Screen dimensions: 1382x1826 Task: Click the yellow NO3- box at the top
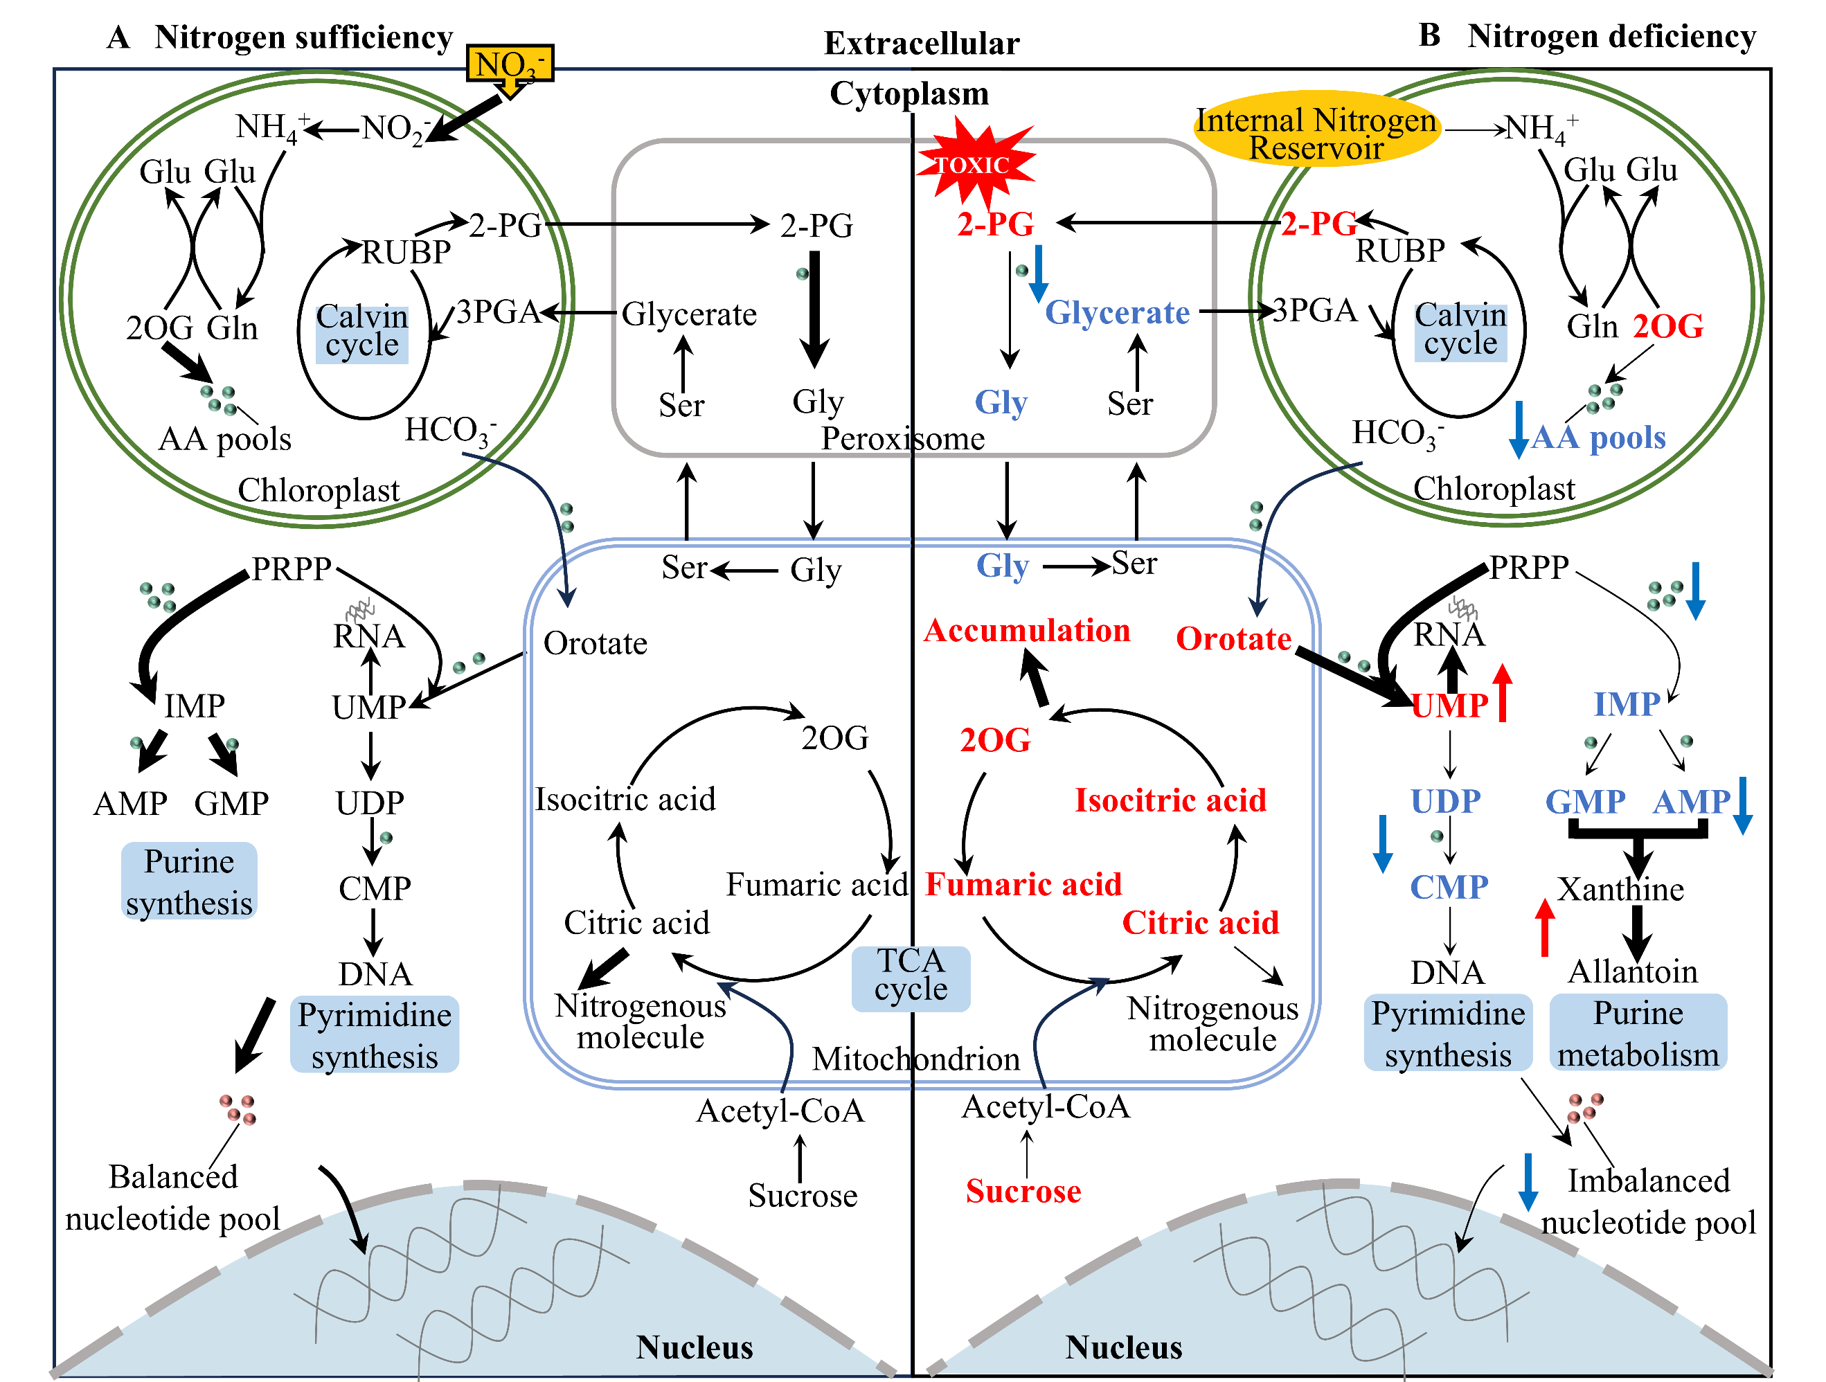point(510,64)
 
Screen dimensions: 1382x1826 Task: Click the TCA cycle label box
point(911,976)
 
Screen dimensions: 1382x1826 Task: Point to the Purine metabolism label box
point(1638,1033)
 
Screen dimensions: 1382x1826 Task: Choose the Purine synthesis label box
point(189,881)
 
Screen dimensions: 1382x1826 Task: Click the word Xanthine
point(1620,889)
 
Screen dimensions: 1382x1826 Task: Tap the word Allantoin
point(1633,971)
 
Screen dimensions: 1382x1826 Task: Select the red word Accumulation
point(1026,631)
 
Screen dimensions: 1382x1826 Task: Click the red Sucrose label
point(1023,1192)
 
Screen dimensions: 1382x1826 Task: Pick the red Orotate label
point(1233,639)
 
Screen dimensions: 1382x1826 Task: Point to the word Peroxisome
point(902,438)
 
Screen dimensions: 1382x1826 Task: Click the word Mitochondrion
point(915,1059)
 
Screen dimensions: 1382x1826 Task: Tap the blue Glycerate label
point(1117,313)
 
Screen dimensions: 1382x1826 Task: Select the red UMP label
point(1449,706)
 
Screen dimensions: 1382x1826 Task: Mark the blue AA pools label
point(1598,438)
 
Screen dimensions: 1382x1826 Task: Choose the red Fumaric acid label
point(1023,884)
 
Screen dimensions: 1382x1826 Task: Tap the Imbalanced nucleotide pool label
point(1647,1201)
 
